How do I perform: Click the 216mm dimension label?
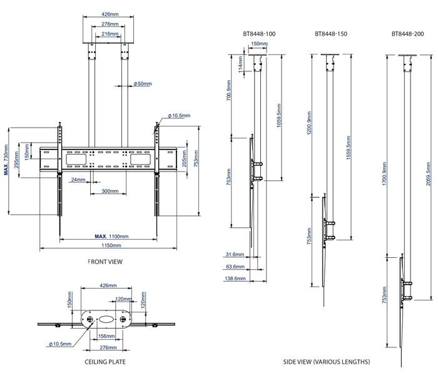(108, 34)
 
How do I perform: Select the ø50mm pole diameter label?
(143, 84)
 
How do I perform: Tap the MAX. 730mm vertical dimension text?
(6, 161)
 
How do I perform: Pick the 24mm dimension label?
(78, 180)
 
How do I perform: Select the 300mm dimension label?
(109, 191)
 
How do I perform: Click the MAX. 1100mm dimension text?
(111, 237)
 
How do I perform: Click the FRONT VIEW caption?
(105, 262)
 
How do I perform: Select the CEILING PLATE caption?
(105, 362)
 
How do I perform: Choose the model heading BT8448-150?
(331, 34)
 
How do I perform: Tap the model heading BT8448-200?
(407, 34)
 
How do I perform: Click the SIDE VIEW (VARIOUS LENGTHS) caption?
(326, 362)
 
